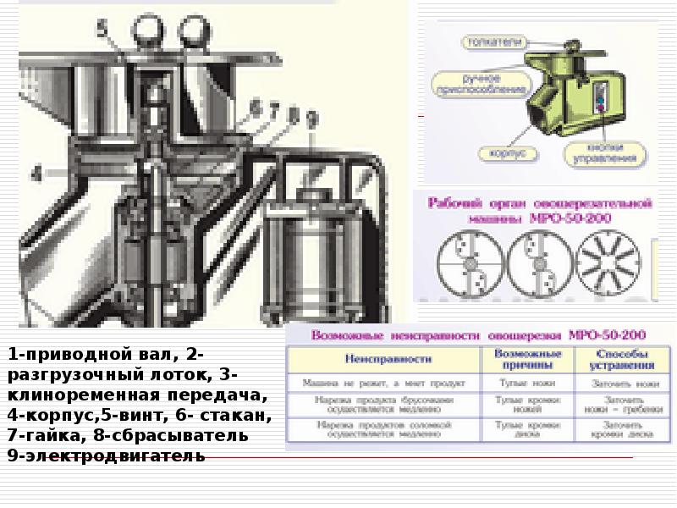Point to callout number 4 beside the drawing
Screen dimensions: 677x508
pyautogui.click(x=36, y=174)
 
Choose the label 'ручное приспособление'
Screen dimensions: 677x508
pyautogui.click(x=480, y=83)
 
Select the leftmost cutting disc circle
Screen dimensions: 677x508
pyautogui.click(x=465, y=262)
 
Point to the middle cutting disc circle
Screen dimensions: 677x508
pyautogui.click(x=537, y=262)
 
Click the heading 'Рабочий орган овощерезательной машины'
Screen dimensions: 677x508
pyautogui.click(x=538, y=211)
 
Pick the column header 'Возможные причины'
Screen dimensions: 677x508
pyautogui.click(x=528, y=359)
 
